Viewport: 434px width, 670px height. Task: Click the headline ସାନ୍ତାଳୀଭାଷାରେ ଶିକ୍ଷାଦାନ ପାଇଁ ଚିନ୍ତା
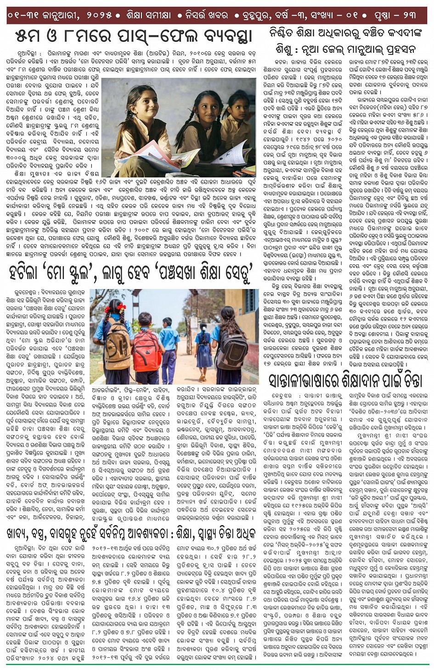click(345, 380)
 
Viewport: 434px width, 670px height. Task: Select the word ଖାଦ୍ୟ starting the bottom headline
click(23, 533)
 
